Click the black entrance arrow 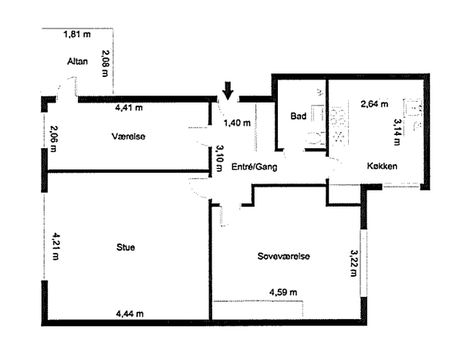pyautogui.click(x=228, y=90)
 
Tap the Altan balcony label pyautogui.click(x=77, y=62)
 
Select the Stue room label pyautogui.click(x=126, y=247)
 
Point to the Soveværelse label pyautogui.click(x=283, y=256)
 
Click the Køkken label pyautogui.click(x=382, y=166)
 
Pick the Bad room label pyautogui.click(x=298, y=116)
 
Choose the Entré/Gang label pyautogui.click(x=254, y=167)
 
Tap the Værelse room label pyautogui.click(x=128, y=136)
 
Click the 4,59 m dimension pyautogui.click(x=283, y=292)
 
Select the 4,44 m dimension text pyautogui.click(x=130, y=314)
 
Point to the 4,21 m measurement pyautogui.click(x=56, y=246)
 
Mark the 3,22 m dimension pyautogui.click(x=353, y=263)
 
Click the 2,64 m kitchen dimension pyautogui.click(x=374, y=104)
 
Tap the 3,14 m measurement pyautogui.click(x=397, y=132)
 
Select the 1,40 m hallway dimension pyautogui.click(x=237, y=123)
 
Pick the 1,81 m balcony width pyautogui.click(x=77, y=34)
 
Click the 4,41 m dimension pyautogui.click(x=129, y=107)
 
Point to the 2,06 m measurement pyautogui.click(x=53, y=139)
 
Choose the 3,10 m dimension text pyautogui.click(x=219, y=158)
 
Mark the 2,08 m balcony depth pyautogui.click(x=105, y=63)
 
